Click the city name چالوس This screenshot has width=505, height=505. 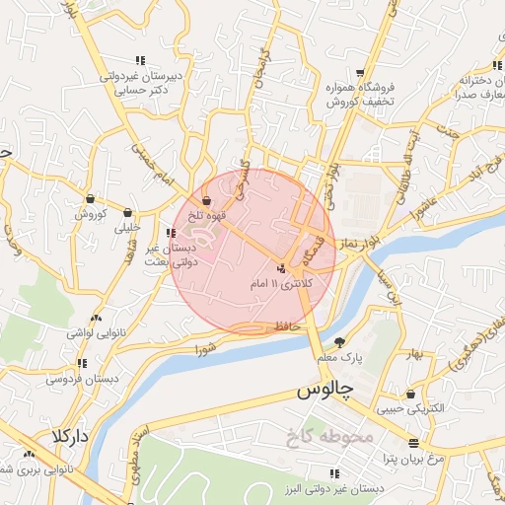click(x=325, y=391)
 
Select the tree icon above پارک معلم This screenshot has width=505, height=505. click(x=340, y=342)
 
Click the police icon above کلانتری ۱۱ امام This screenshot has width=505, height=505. click(x=282, y=268)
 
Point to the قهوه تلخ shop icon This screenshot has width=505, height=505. click(x=206, y=199)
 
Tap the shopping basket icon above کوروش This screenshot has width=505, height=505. click(x=90, y=197)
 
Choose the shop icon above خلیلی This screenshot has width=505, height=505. click(x=128, y=211)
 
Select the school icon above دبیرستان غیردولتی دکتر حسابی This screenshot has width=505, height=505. click(x=139, y=59)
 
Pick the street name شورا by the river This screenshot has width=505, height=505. click(x=204, y=348)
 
